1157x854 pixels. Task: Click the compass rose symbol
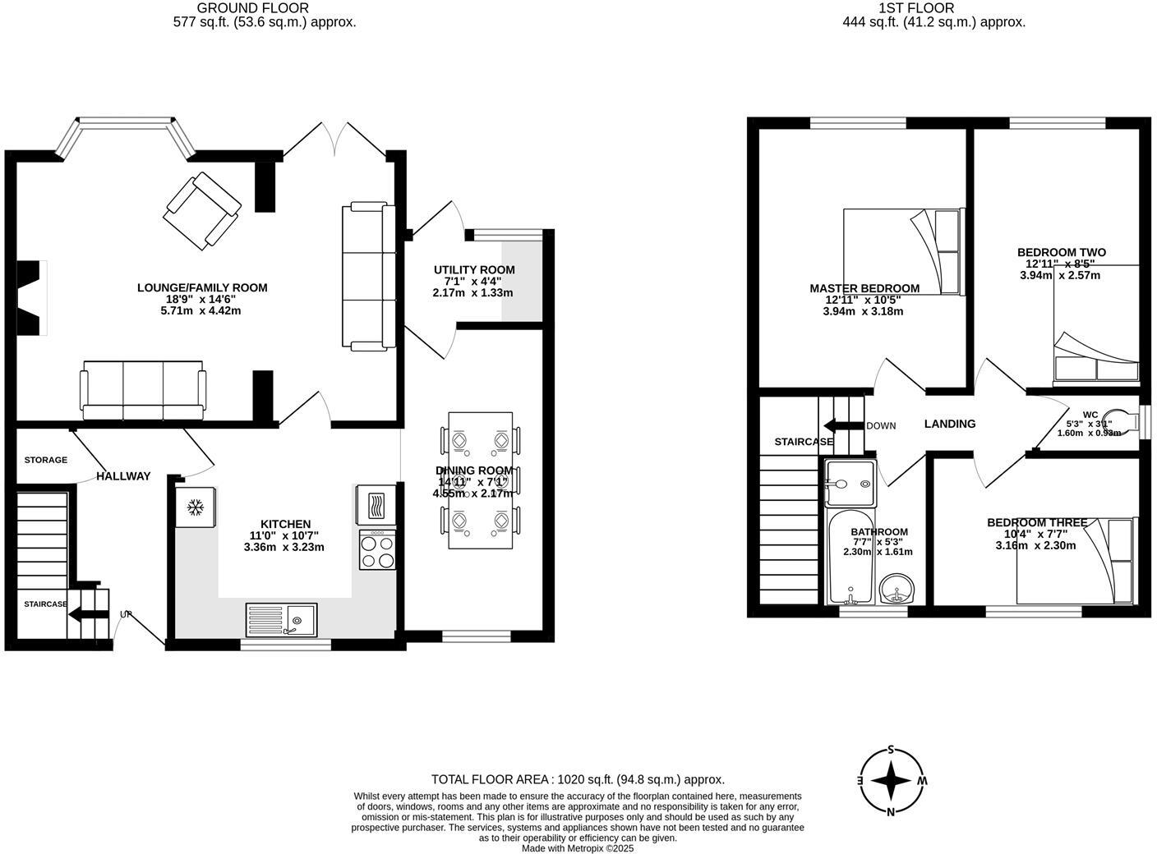click(x=891, y=780)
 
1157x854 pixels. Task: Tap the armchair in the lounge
click(x=201, y=209)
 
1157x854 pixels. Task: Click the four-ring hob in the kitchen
click(x=377, y=550)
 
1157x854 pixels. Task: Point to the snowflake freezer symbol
click(x=196, y=508)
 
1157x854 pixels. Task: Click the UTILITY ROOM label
click(x=474, y=270)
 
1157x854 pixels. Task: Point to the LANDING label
click(x=950, y=425)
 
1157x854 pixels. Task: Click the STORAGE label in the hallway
click(x=45, y=461)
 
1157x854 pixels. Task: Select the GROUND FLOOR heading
click(x=264, y=8)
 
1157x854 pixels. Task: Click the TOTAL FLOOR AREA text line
click(x=578, y=780)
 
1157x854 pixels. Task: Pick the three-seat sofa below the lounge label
click(x=142, y=389)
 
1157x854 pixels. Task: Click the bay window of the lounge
click(x=127, y=126)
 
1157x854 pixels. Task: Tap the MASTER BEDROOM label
click(x=864, y=289)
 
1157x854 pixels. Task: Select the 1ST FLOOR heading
click(x=933, y=8)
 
